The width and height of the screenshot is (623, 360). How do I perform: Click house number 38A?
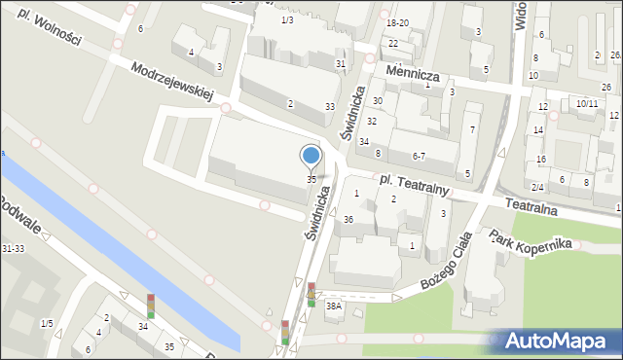pos(334,306)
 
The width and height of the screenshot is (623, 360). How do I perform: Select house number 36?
pos(348,219)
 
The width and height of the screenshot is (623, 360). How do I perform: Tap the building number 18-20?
pos(397,22)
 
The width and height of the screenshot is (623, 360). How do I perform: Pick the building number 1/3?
pos(286,20)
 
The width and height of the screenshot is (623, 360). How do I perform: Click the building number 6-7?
pos(419,156)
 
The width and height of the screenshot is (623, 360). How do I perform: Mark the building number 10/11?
pos(586,103)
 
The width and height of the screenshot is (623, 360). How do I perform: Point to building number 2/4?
pos(537,186)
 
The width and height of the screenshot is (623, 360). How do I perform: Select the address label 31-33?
pos(14,249)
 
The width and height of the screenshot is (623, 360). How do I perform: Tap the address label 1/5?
pos(47,323)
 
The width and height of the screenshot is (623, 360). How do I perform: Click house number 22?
pos(392,44)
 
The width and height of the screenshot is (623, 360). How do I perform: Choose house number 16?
pos(540,159)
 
